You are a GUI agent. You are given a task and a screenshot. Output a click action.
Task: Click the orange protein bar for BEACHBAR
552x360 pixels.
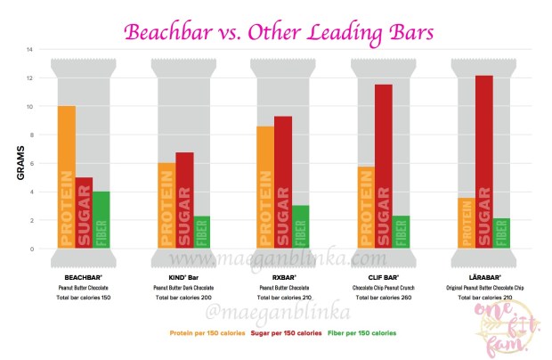(x=66, y=177)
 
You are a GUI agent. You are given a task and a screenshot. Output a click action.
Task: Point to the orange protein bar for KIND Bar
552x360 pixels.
(x=166, y=206)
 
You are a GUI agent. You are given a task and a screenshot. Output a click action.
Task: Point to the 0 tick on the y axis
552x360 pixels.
(x=30, y=249)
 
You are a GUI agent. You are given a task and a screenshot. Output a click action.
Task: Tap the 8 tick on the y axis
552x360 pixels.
(x=30, y=135)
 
